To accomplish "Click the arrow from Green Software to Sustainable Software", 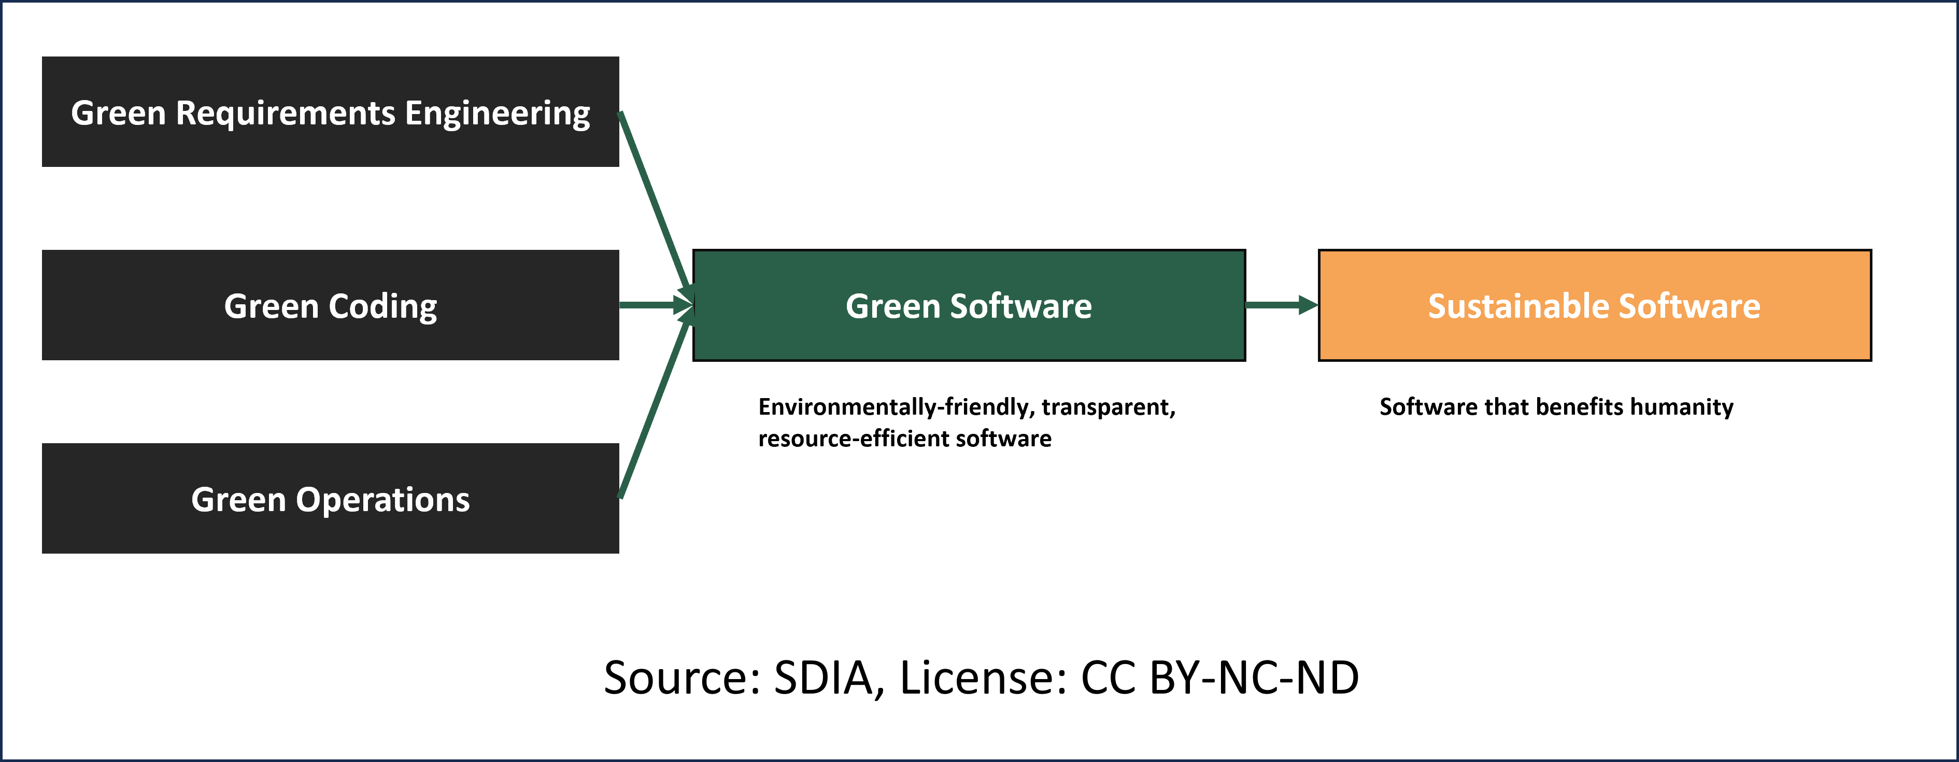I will coord(1282,305).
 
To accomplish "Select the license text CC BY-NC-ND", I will coord(1220,677).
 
